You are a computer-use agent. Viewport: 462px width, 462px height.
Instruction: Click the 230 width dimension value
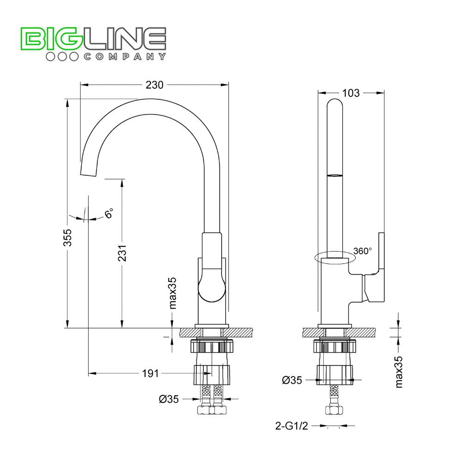(155, 85)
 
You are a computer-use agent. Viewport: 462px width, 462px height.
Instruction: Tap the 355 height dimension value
(68, 237)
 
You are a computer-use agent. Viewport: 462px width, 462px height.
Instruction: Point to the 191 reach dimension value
(151, 373)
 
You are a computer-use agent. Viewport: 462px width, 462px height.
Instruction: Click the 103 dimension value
(351, 93)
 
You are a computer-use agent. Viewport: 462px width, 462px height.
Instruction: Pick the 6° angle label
(109, 214)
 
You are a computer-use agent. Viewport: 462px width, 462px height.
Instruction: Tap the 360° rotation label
(362, 251)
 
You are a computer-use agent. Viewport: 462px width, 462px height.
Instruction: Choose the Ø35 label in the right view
(292, 380)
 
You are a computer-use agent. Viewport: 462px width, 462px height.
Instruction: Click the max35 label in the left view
(173, 293)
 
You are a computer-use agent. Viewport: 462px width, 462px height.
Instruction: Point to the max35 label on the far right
(399, 372)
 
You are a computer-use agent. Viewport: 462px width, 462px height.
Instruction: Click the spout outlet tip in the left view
(88, 171)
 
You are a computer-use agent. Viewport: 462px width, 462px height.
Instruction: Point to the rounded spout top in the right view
(335, 104)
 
